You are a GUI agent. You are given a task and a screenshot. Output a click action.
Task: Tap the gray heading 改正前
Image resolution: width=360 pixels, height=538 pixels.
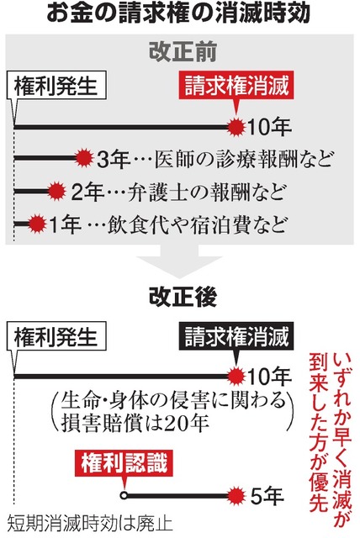pos(183,52)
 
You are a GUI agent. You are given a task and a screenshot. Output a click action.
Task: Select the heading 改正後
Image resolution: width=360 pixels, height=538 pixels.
pos(183,296)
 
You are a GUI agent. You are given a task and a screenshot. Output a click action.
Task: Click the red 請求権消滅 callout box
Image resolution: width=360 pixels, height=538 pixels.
pos(236,86)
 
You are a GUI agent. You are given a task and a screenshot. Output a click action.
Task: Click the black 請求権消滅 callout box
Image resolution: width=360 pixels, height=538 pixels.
pos(236,336)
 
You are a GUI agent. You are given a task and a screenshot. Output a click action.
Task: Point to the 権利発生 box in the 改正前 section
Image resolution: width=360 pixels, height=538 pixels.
pos(56,86)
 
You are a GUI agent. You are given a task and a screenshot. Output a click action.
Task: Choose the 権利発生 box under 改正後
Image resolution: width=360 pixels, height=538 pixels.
pos(56,336)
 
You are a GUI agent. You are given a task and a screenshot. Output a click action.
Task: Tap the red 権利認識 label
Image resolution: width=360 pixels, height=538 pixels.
pos(124,462)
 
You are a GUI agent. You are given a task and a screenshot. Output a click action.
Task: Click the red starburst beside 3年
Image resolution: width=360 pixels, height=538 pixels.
pos(84,159)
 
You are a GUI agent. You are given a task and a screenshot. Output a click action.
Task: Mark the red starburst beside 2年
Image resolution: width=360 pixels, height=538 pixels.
pos(56,191)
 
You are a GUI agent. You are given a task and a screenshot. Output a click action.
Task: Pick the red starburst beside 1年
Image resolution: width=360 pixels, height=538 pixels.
pos(37,224)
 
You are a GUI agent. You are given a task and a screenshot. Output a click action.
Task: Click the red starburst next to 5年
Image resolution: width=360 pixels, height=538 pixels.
pos(236,496)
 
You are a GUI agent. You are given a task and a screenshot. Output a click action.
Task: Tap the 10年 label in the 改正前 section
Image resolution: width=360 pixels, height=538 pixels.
pos(269,127)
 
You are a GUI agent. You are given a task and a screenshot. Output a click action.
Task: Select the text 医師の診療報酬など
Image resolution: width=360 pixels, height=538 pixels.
pos(243,159)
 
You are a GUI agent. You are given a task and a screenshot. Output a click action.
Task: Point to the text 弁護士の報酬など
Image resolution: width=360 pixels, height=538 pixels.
pos(206,192)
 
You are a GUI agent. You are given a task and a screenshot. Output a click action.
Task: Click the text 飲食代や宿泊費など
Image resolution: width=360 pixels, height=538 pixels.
pos(196,224)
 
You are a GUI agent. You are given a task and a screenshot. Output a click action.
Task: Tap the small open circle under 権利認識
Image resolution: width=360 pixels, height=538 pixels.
pos(124,496)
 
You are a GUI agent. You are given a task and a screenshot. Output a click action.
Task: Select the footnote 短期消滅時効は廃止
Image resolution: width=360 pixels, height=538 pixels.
pos(90,524)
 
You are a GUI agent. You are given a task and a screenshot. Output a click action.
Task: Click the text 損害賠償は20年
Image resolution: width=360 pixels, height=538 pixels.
pos(135,423)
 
